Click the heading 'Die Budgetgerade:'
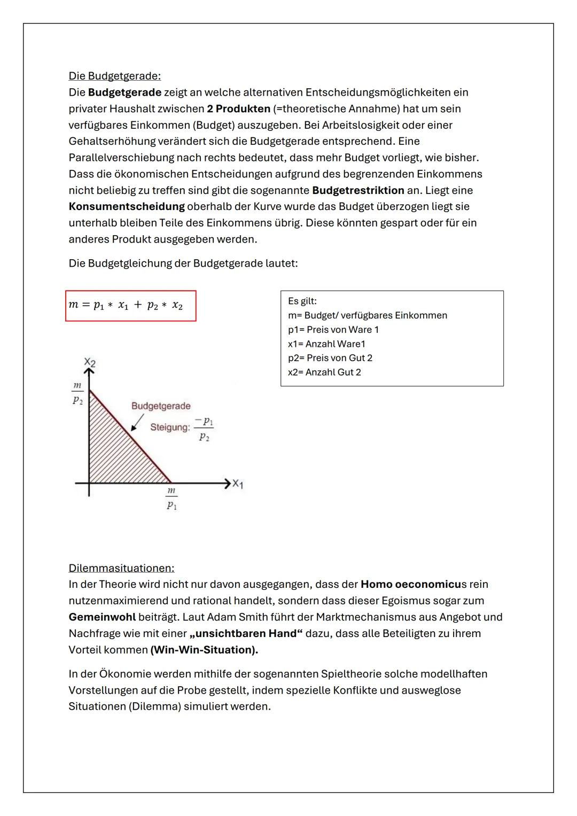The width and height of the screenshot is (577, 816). coord(114,76)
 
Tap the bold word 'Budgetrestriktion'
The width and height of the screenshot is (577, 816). coord(358,191)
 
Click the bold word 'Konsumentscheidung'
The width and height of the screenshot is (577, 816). coord(127,207)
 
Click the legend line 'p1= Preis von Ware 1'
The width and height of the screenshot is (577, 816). coord(333,330)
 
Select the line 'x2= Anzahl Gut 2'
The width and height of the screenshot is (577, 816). coord(324,372)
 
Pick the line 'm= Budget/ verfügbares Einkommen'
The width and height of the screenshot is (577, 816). coord(367,315)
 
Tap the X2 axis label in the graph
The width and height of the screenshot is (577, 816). coord(90,363)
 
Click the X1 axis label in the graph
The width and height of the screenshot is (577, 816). coord(238,484)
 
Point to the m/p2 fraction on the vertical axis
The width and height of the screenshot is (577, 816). coord(78,393)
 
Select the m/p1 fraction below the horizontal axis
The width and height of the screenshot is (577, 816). coord(171,498)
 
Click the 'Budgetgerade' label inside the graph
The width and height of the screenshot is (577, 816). coord(161,406)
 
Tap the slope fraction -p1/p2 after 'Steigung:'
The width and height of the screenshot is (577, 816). coord(204,429)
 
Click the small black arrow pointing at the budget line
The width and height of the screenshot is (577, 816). coord(137,423)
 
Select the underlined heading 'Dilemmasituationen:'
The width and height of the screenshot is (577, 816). coord(121,568)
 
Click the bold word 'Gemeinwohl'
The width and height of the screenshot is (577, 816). coord(102,617)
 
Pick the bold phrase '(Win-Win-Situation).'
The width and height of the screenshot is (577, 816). coord(204,650)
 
